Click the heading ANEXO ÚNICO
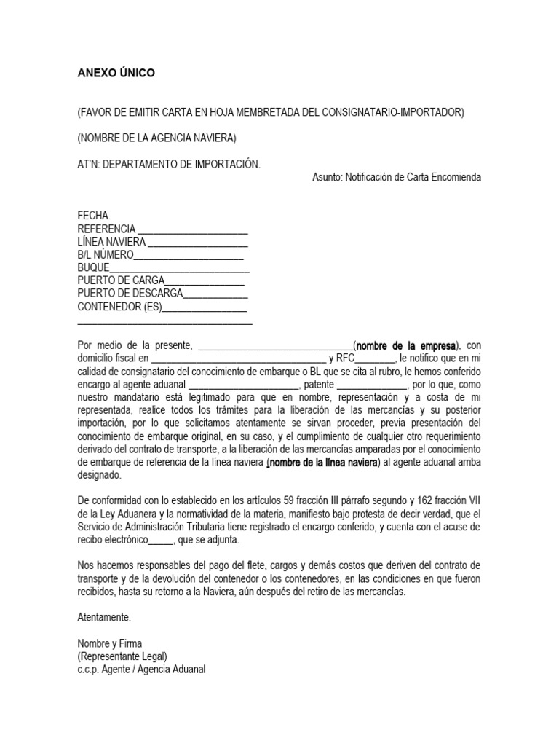point(116,74)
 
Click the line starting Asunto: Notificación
point(396,177)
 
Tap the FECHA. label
point(94,216)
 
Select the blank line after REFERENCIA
point(193,229)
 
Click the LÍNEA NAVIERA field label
point(111,242)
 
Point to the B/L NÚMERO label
point(106,255)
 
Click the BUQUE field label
point(93,268)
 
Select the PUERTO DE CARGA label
point(122,281)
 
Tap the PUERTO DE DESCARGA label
point(130,294)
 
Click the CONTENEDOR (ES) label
point(119,307)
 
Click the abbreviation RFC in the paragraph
point(345,358)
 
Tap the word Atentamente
point(104,617)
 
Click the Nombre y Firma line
point(110,643)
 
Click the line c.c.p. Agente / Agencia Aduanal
point(141,670)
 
